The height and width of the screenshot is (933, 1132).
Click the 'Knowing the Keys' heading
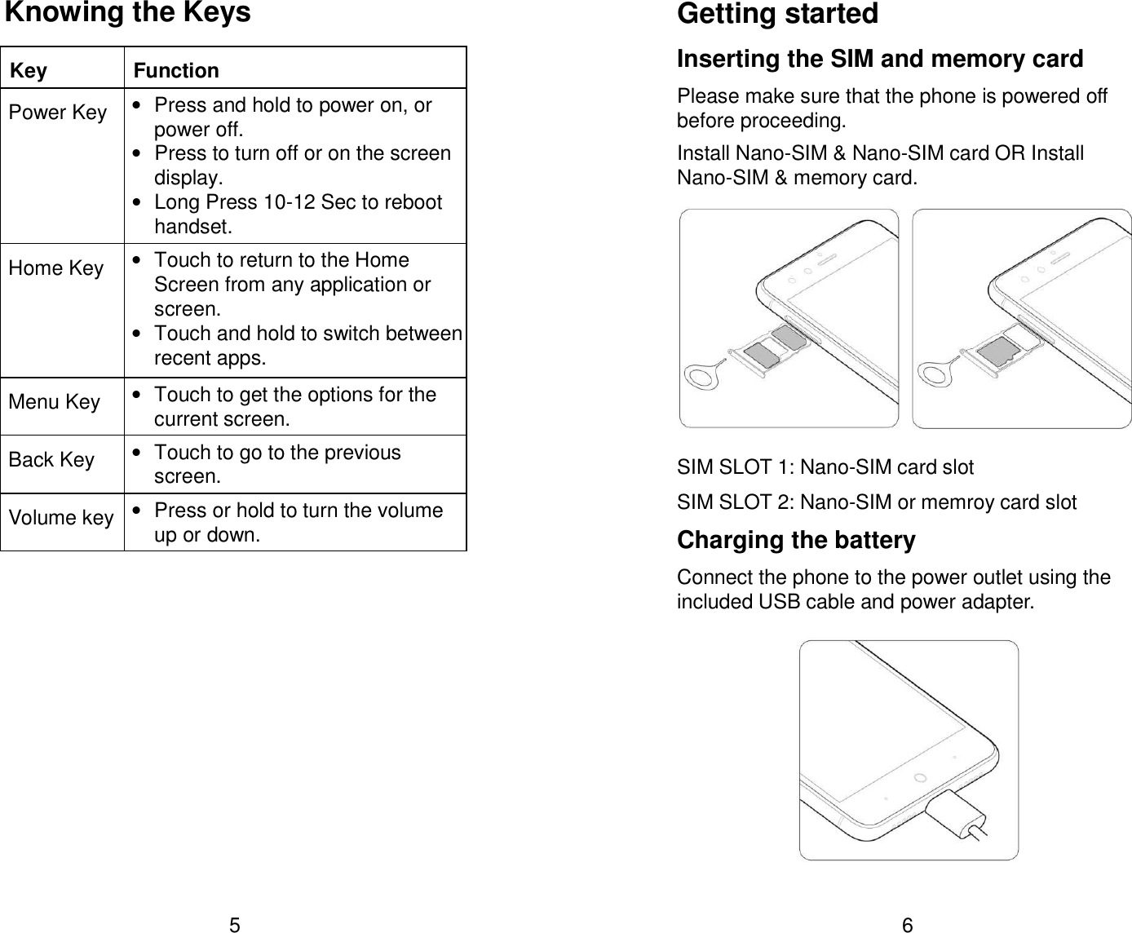(x=128, y=14)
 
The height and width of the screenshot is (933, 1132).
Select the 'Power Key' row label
(x=58, y=113)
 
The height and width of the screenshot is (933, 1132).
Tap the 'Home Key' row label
(x=56, y=268)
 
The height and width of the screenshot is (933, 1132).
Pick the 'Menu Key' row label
(x=55, y=402)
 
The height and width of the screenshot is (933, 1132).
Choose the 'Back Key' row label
(x=51, y=460)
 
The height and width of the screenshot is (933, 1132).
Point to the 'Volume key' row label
(x=61, y=518)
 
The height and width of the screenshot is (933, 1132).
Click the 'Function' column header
(x=176, y=71)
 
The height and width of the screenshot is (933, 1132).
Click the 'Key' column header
(x=29, y=71)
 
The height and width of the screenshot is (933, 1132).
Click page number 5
(x=234, y=925)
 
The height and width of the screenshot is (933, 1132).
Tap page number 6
(x=908, y=925)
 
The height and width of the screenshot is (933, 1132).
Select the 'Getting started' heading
(x=777, y=15)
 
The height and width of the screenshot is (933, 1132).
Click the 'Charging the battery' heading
(x=796, y=541)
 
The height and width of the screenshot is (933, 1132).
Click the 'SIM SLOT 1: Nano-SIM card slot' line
(x=825, y=467)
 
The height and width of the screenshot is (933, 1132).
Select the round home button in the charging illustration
(x=919, y=776)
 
